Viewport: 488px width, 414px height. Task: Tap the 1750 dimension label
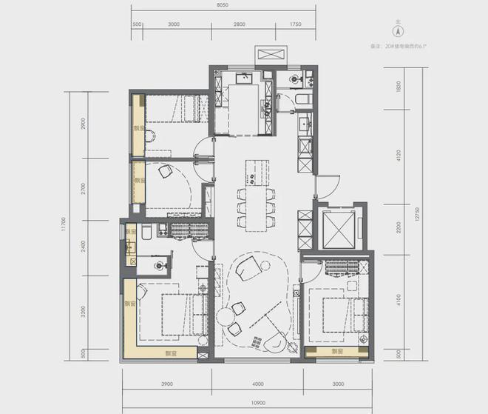click(x=296, y=24)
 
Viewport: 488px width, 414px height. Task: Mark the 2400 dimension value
click(x=84, y=247)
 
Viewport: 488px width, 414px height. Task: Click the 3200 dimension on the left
click(x=84, y=312)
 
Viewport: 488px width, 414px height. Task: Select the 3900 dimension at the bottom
click(x=166, y=384)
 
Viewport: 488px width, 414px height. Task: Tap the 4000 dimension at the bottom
click(x=257, y=384)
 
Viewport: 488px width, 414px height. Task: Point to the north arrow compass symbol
click(x=397, y=32)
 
